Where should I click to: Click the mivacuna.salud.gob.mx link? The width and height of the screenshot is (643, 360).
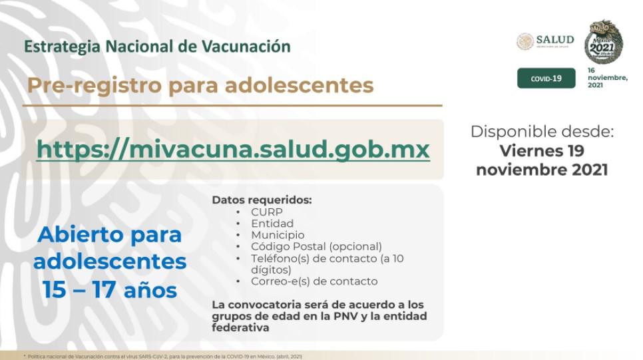[233, 149]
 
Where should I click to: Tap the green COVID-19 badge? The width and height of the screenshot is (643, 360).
[546, 79]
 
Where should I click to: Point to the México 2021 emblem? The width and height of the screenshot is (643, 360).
[603, 41]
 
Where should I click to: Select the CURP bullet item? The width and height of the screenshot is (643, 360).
[266, 212]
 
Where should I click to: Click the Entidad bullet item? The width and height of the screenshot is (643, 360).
[272, 224]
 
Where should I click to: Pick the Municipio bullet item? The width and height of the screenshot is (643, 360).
[278, 235]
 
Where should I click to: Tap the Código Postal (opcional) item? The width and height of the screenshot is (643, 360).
[316, 246]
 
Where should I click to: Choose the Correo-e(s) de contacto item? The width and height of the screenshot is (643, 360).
[314, 281]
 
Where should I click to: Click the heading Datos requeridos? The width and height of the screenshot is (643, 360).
[262, 200]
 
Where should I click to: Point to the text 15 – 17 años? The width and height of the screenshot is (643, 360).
[110, 290]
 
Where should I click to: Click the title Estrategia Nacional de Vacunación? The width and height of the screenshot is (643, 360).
[157, 47]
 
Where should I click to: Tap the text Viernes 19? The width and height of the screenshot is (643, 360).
[541, 150]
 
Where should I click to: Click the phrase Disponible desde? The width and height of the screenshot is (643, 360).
[541, 131]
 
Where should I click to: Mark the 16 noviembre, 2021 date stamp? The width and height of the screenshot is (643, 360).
[606, 78]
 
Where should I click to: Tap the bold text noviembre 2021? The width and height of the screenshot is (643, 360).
[541, 170]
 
